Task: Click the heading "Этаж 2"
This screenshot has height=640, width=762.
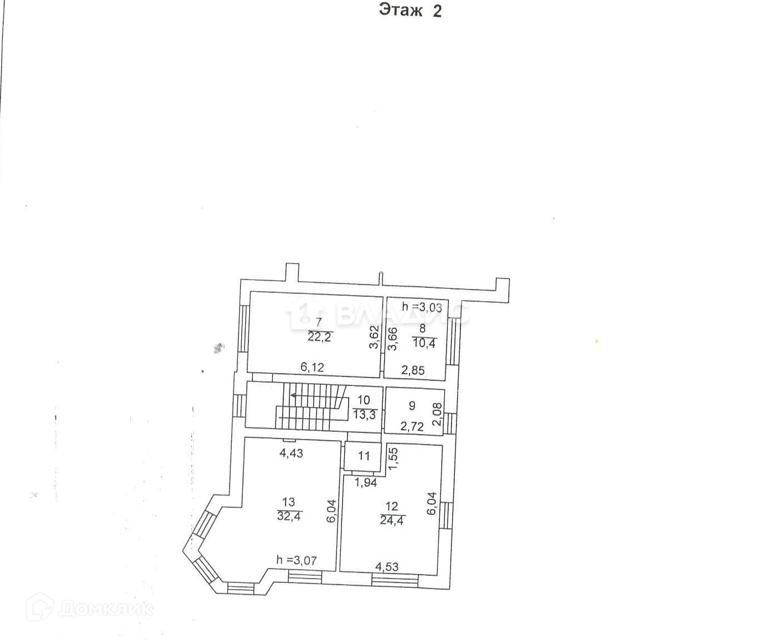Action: click(410, 11)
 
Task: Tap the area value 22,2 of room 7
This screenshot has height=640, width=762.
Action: click(319, 337)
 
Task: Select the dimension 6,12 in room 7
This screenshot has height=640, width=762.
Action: click(312, 367)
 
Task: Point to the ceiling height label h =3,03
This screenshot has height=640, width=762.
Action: click(422, 307)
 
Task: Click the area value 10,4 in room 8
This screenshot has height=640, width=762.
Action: click(424, 344)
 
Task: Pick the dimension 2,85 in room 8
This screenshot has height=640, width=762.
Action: click(413, 370)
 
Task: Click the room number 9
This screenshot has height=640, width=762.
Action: click(412, 406)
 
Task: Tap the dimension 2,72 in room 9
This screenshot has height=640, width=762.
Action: click(412, 427)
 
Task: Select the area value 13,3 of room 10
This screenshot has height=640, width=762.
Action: click(364, 414)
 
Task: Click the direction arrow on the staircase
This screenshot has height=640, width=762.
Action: click(293, 395)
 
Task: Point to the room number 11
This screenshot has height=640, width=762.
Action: click(364, 456)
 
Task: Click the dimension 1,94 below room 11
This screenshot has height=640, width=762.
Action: click(365, 483)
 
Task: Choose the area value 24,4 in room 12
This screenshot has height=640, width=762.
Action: click(392, 520)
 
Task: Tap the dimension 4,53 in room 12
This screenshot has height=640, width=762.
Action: click(387, 567)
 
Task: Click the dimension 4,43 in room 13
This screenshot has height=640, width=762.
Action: click(291, 453)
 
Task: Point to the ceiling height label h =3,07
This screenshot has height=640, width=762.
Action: click(297, 560)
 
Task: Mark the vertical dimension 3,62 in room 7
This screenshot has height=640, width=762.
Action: click(374, 337)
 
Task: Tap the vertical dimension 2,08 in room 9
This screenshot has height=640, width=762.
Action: click(437, 414)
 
